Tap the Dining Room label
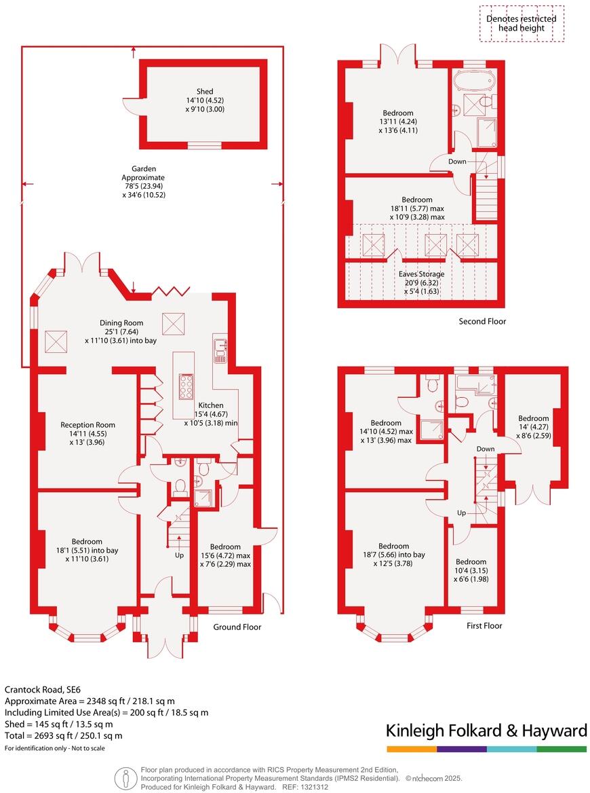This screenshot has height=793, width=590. coord(121,323)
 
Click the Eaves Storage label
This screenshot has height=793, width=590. coord(421,274)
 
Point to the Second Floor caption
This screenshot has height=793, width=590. coord(481,321)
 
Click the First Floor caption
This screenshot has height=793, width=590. coord(484,625)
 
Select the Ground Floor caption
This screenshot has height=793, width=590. coord(237,627)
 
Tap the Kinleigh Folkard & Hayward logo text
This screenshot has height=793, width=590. coord(486,731)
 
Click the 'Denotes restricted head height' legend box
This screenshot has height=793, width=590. coord(521,24)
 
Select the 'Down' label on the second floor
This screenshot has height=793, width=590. coord(458,162)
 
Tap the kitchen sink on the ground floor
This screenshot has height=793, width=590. coord(221,348)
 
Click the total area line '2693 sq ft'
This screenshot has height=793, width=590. coord(64,735)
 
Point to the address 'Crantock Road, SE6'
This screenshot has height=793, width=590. coord(41,688)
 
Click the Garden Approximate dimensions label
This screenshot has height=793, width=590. coord(138,181)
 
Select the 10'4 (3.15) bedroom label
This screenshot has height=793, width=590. coord(471,561)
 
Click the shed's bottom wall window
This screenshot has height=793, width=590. coord(202,145)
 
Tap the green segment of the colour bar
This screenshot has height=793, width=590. coord(562,749)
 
